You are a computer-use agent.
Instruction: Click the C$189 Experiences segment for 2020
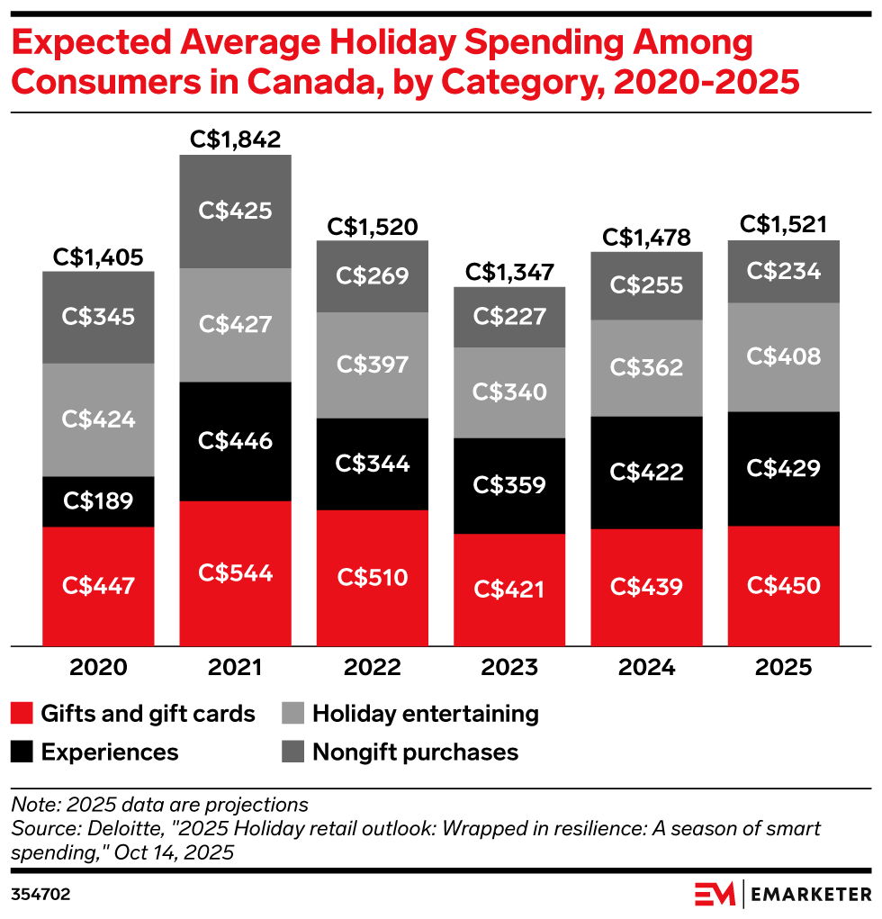tap(98, 501)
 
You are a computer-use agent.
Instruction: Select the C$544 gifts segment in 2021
tap(235, 572)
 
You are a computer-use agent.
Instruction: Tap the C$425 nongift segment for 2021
tap(235, 211)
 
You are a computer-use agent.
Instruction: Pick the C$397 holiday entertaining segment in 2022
tap(373, 365)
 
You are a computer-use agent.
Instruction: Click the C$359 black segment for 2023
tap(509, 485)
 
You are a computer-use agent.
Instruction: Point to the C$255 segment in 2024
tap(646, 285)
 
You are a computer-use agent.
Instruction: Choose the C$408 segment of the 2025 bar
tap(784, 356)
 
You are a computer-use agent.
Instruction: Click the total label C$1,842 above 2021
tap(235, 140)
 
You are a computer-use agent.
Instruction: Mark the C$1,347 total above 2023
tap(509, 272)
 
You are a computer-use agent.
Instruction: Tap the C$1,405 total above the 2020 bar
tap(98, 257)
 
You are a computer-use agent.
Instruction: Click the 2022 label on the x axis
tap(373, 668)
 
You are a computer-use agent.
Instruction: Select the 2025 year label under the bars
tap(784, 668)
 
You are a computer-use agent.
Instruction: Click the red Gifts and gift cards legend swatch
tap(21, 715)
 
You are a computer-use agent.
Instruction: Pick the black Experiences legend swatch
tap(21, 752)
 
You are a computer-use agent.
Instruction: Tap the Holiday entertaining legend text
tap(425, 715)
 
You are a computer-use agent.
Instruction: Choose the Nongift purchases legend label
tap(415, 752)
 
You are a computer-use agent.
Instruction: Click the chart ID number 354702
tap(40, 895)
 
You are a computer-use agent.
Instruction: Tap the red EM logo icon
tap(715, 894)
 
